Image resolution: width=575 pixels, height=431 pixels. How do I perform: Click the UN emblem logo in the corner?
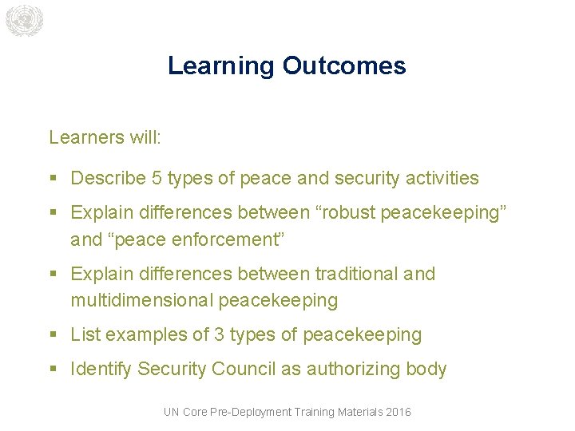click(x=23, y=21)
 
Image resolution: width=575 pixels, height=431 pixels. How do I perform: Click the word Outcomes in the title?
click(x=344, y=65)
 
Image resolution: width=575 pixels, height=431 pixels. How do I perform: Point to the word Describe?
click(x=109, y=178)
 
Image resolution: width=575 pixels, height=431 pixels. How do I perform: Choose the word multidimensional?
click(x=141, y=300)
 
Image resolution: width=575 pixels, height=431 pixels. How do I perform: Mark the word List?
click(x=85, y=334)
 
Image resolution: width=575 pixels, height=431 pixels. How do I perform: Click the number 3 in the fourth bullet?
click(x=220, y=334)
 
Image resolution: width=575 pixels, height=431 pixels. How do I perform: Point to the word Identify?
click(x=101, y=369)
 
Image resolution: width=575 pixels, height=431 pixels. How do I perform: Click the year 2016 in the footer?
click(x=398, y=412)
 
